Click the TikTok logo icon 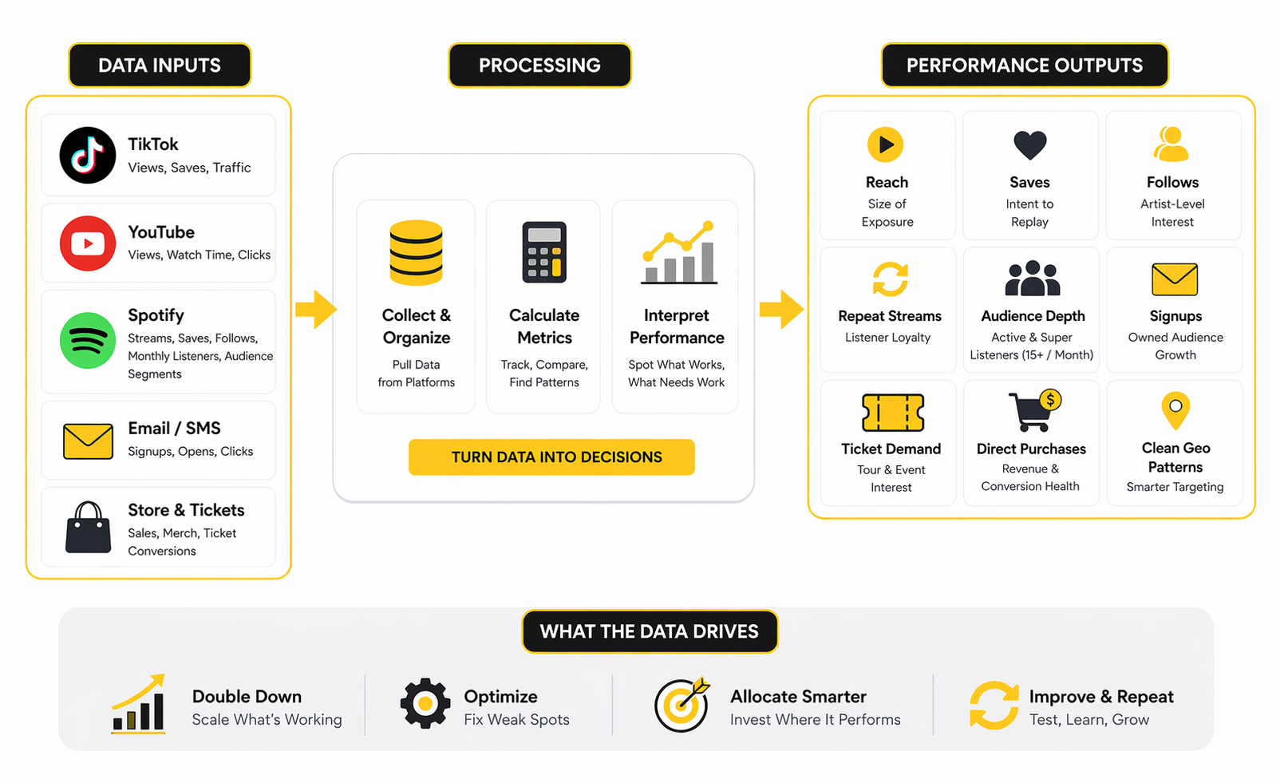[88, 155]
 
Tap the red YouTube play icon [88, 243]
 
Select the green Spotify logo [88, 341]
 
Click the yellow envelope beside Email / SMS [88, 441]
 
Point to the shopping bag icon [88, 528]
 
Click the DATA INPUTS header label [160, 65]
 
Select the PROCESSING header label [539, 65]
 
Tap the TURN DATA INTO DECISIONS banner [551, 457]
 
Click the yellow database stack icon [416, 252]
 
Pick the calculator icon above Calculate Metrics [544, 252]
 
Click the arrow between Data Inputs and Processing [315, 309]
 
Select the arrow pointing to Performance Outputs [780, 309]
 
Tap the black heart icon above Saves [1029, 145]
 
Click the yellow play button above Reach [886, 144]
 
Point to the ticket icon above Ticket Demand [893, 413]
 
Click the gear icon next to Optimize [425, 703]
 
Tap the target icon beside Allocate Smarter [681, 705]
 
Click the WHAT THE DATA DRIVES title [650, 631]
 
